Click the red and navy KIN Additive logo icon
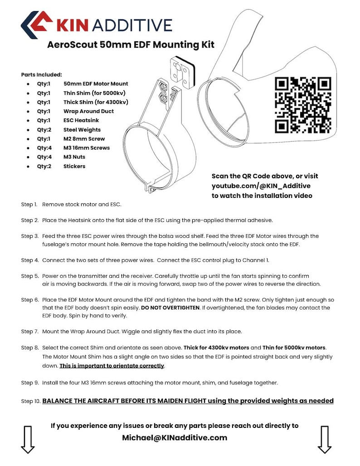(x=36, y=25)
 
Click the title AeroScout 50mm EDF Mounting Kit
(x=131, y=44)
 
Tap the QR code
(x=303, y=105)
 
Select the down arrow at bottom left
(x=28, y=439)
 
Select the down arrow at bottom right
(x=324, y=439)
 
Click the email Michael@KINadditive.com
(x=175, y=437)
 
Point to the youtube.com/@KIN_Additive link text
(x=261, y=186)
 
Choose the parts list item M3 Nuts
(x=74, y=157)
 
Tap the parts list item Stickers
(x=74, y=166)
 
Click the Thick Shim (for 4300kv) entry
(x=96, y=102)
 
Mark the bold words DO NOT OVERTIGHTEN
(x=170, y=308)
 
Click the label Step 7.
(x=30, y=331)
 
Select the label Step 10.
(x=31, y=401)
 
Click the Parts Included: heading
(x=42, y=74)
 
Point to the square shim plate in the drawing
(x=182, y=72)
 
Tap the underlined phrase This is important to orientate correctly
(x=112, y=366)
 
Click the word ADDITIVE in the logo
(x=132, y=25)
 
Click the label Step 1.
(x=29, y=205)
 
